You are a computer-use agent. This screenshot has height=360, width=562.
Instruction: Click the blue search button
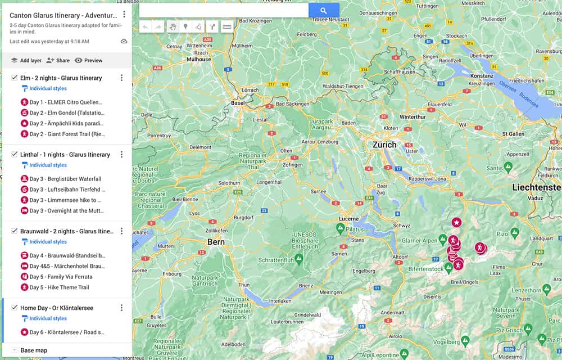click(x=324, y=10)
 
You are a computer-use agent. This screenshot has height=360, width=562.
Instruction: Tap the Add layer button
click(x=26, y=60)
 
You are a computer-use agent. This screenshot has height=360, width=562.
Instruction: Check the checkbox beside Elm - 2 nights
click(x=15, y=78)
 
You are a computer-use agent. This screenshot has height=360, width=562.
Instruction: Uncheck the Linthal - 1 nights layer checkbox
click(x=15, y=154)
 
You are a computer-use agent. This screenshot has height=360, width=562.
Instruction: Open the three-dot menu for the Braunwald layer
click(x=121, y=231)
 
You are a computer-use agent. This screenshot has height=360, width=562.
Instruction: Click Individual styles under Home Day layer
click(x=48, y=318)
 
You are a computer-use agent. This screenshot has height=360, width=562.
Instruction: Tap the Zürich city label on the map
click(x=384, y=145)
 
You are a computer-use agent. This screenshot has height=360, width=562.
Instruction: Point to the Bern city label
click(x=216, y=242)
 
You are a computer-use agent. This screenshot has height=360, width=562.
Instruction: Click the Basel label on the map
click(x=238, y=103)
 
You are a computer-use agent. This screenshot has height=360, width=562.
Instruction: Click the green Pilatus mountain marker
click(x=339, y=228)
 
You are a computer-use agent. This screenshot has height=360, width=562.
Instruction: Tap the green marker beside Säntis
click(x=507, y=166)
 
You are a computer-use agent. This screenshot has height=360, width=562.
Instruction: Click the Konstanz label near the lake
click(x=481, y=75)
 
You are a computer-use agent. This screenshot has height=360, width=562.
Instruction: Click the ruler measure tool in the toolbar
click(x=227, y=26)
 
